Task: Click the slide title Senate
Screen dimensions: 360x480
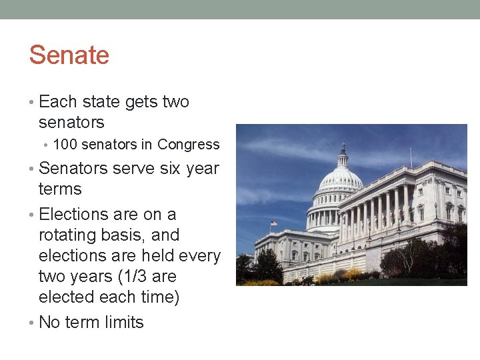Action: pos(69,55)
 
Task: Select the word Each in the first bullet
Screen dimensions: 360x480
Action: pos(58,102)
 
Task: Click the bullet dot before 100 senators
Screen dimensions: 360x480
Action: pos(46,145)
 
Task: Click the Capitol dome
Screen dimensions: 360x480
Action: pos(341,180)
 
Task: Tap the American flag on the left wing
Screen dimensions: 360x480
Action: pos(273,223)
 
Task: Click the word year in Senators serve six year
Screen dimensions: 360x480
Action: pos(203,169)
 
